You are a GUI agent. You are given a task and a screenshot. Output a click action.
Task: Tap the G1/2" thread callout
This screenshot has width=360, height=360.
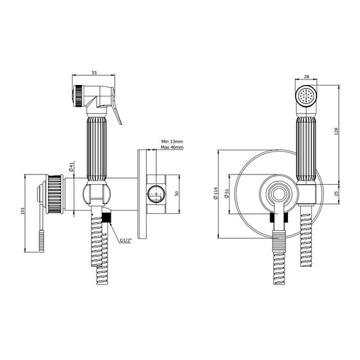126,239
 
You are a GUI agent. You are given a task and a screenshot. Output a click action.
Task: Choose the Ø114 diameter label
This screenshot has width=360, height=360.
217,193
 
